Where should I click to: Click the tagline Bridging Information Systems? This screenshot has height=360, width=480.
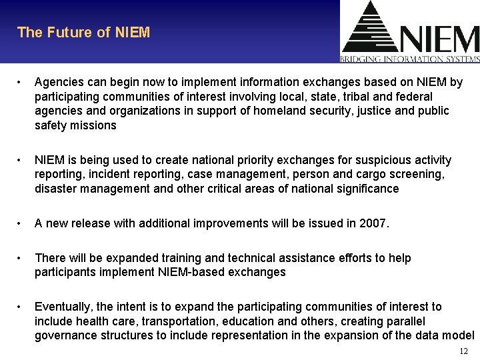pos(410,59)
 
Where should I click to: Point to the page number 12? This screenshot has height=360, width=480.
pos(464,351)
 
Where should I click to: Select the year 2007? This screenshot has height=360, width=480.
pos(372,223)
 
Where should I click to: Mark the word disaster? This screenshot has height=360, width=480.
pos(57,189)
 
